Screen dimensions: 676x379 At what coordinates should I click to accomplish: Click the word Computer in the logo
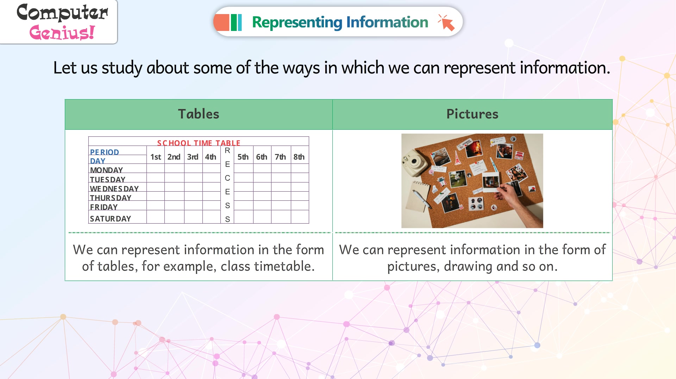pos(62,13)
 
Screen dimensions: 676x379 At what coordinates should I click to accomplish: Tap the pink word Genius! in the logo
pos(62,33)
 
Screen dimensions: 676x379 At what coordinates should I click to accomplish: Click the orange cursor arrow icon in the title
pos(446,23)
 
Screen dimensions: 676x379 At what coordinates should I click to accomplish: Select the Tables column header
pos(199,114)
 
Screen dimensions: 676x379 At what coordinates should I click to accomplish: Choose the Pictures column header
pos(472,114)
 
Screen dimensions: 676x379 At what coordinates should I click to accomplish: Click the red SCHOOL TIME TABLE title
pos(199,143)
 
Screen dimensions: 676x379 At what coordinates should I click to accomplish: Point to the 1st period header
pos(156,157)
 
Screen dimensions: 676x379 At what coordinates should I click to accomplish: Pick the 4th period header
pos(211,157)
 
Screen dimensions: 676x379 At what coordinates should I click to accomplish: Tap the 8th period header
pos(299,157)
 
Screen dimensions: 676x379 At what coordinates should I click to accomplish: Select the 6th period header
pos(262,157)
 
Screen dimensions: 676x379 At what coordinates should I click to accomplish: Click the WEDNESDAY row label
pos(114,189)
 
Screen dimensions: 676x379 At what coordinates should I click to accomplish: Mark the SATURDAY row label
pos(111,219)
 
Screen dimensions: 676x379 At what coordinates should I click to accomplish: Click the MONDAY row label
pos(106,170)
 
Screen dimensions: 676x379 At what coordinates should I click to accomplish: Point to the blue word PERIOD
pos(105,152)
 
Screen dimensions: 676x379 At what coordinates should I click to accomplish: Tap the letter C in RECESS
pos(227,178)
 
